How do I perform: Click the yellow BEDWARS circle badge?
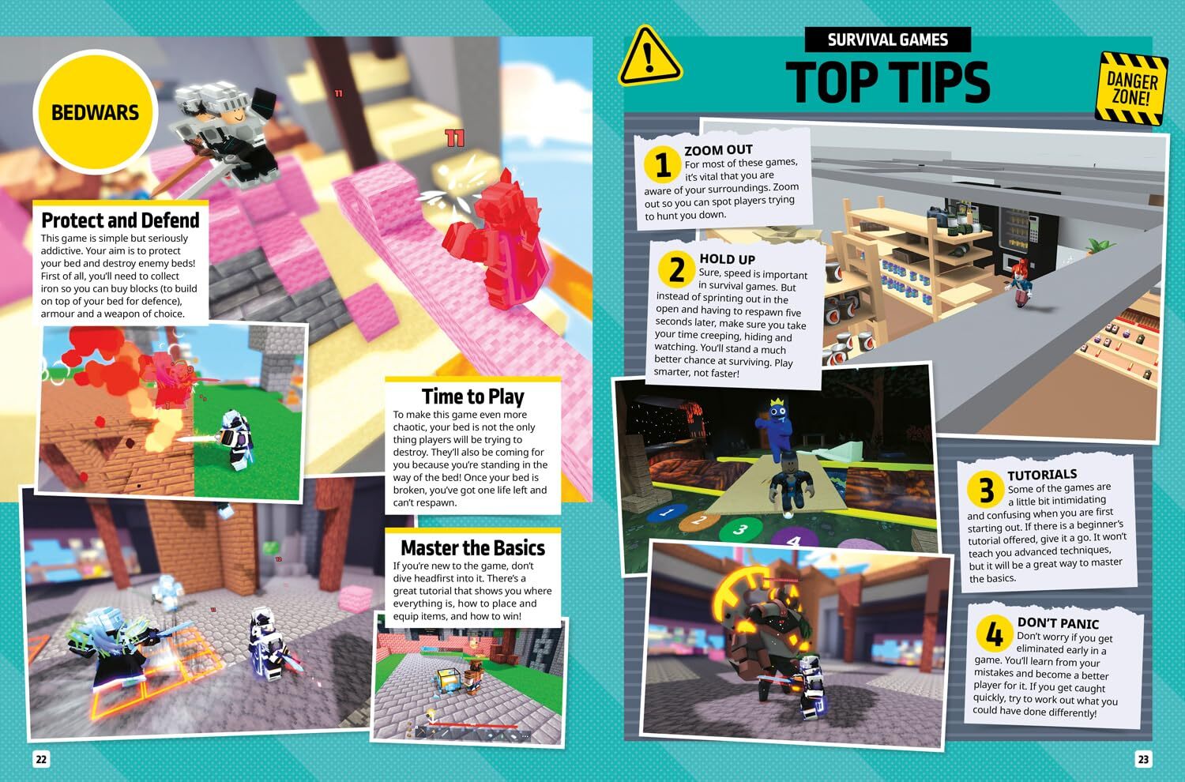95,112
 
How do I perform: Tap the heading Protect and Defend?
120,220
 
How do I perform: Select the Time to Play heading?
472,396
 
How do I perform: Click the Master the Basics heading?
472,547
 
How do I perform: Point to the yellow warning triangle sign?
649,57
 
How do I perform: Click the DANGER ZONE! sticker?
1131,88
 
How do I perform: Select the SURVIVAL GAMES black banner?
887,39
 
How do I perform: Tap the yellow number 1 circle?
662,165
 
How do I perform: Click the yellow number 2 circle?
676,270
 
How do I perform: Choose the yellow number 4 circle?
994,634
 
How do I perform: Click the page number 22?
40,759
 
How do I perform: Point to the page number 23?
1143,759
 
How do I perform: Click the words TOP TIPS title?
887,81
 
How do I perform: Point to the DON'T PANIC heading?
1058,622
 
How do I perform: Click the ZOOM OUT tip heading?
718,149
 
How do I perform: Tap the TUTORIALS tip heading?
1041,474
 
